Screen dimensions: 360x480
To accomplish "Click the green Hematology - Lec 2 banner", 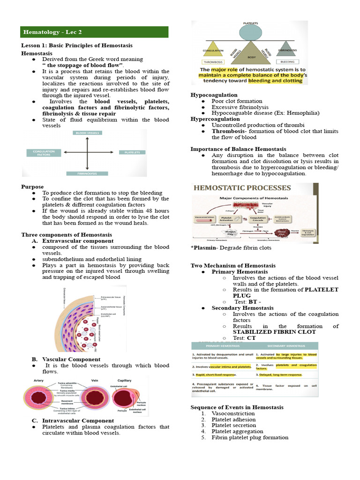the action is click(94, 32).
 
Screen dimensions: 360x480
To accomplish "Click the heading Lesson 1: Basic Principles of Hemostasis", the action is click(77, 45).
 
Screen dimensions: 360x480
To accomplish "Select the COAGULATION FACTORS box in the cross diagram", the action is click(43, 152).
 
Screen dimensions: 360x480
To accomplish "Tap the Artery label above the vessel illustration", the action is click(39, 380).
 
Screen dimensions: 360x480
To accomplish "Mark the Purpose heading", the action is click(32, 187).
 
